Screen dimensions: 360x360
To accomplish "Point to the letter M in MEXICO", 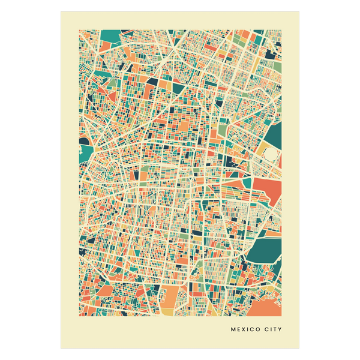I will pos(234,329).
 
